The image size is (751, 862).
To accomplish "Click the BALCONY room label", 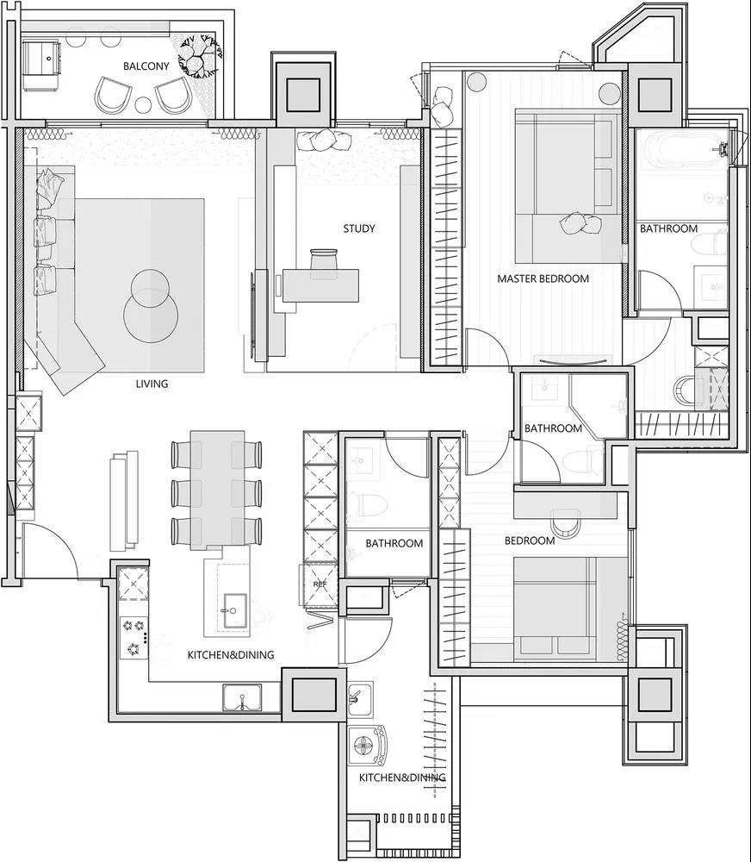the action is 146,66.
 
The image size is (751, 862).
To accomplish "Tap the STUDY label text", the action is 359,228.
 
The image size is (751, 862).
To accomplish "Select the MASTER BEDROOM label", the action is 543,278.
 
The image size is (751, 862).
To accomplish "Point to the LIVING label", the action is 152,384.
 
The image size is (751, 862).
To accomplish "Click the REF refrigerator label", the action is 320,584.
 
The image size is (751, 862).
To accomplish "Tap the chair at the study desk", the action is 322,260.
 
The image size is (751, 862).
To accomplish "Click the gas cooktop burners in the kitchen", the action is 134,638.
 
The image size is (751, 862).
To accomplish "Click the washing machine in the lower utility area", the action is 367,746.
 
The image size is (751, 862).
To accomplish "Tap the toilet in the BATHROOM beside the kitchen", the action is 371,504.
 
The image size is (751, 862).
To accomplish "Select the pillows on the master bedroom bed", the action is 580,223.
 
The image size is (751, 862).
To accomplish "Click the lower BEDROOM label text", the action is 530,541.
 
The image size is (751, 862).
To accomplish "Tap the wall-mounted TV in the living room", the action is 252,315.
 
